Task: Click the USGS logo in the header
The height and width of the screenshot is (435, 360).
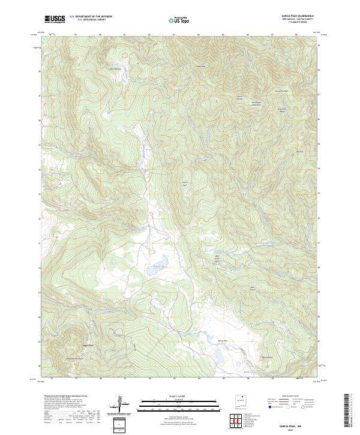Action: [55, 20]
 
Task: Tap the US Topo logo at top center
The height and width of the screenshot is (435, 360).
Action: [180, 20]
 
